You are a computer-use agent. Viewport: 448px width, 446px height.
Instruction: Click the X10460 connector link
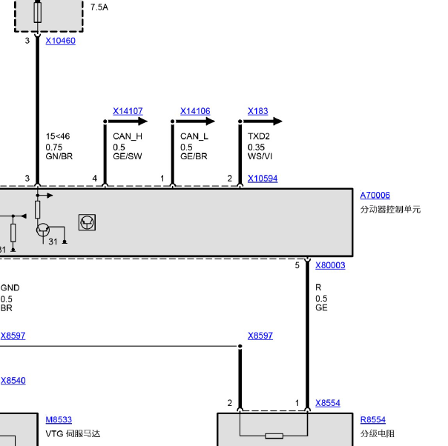[x=61, y=41]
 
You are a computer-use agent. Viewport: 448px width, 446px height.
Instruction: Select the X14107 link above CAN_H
[x=128, y=111]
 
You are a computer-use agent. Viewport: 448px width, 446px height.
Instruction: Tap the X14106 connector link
[x=195, y=111]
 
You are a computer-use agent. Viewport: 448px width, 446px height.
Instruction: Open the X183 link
[x=257, y=111]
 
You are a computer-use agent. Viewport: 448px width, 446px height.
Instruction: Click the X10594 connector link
[x=263, y=179]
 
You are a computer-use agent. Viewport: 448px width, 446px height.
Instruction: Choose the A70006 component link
[x=375, y=195]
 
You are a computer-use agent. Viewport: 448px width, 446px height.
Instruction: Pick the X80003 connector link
[x=330, y=265]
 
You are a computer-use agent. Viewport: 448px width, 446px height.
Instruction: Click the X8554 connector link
[x=328, y=403]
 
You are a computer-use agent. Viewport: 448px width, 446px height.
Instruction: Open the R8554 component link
[x=373, y=420]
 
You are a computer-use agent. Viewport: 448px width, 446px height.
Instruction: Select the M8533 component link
[x=59, y=420]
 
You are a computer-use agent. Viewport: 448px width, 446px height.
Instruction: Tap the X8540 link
[x=13, y=381]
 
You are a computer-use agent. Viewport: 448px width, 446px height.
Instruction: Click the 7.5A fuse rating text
[x=99, y=7]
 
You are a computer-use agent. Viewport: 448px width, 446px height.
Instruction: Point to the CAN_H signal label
[x=128, y=136]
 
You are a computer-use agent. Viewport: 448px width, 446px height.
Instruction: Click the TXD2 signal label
[x=259, y=136]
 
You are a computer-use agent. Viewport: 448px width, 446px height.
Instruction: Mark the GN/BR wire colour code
[x=59, y=156]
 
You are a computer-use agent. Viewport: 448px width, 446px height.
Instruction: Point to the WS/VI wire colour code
[x=260, y=156]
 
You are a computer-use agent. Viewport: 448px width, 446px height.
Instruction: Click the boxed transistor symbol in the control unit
[x=87, y=222]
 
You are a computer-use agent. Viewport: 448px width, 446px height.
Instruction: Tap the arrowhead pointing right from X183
[x=277, y=122]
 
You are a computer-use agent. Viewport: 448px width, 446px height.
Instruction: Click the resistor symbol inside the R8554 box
[x=274, y=436]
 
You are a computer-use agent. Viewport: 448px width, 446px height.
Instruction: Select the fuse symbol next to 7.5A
[x=37, y=12]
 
